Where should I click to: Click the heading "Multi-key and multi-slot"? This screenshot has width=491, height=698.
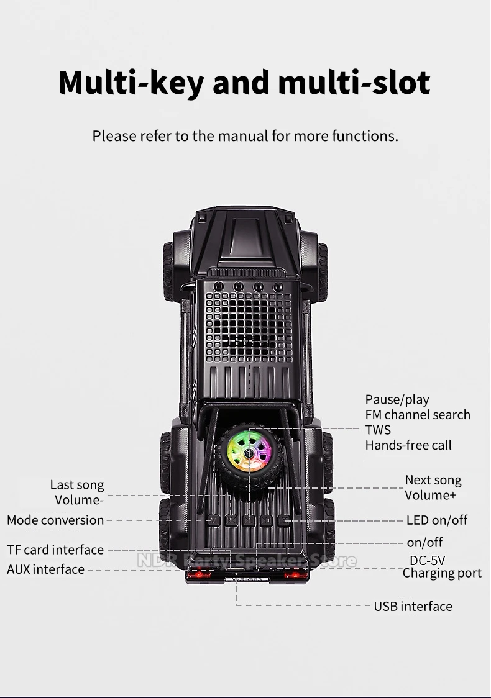click(244, 83)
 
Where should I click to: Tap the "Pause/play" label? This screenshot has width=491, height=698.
click(397, 399)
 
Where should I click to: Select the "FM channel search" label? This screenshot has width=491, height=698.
click(417, 415)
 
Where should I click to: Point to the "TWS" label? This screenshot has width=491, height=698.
click(378, 430)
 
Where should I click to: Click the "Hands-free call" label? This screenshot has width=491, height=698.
click(408, 445)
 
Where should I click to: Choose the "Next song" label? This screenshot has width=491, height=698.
click(433, 480)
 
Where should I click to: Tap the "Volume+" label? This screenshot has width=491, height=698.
click(430, 495)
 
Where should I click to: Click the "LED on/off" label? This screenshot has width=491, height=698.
click(436, 520)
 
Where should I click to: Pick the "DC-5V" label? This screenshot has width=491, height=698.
click(427, 561)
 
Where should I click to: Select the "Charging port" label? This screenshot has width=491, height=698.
click(442, 573)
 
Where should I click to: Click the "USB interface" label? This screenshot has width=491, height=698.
click(413, 606)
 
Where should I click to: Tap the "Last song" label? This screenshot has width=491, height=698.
click(77, 485)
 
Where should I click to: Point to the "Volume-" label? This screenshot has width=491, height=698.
click(79, 500)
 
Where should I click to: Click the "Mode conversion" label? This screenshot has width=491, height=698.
click(55, 520)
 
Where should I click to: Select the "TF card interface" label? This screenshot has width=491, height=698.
click(55, 550)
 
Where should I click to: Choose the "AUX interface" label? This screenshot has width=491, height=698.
click(45, 569)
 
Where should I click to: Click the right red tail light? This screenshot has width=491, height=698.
click(296, 574)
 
